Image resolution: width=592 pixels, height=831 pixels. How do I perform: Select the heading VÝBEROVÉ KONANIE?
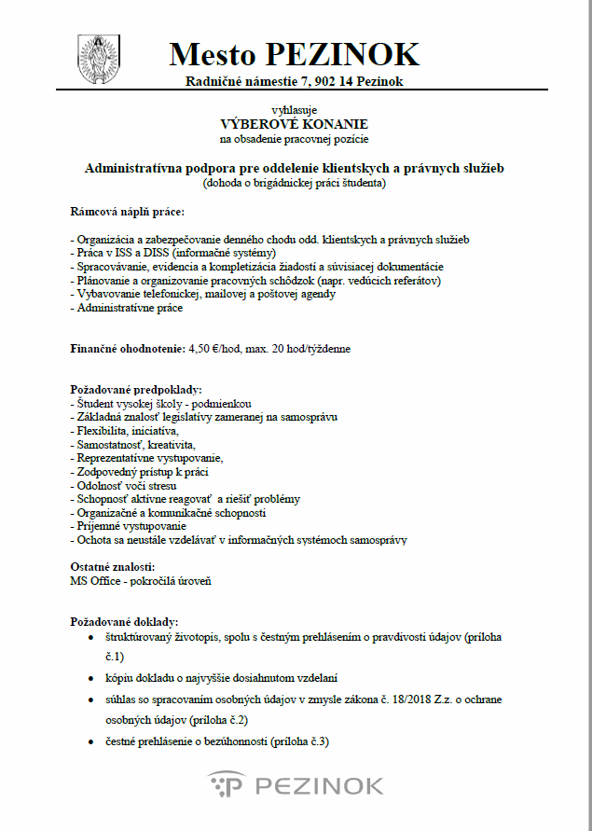pos(295,124)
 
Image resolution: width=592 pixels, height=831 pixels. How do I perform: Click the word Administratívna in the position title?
pos(131,169)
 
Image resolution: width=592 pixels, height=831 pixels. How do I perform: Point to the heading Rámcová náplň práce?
pos(120,214)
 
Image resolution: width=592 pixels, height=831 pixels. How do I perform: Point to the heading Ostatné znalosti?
pos(113,567)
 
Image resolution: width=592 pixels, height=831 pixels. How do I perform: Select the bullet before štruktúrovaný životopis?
pos(89,636)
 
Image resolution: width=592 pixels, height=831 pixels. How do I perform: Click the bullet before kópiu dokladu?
pos(89,678)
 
